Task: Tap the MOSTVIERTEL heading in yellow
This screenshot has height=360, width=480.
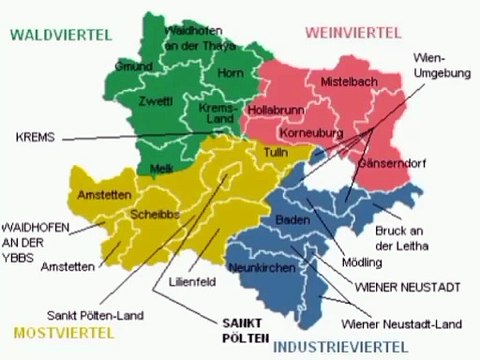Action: coord(60,329)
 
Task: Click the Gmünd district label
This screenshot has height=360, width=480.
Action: coord(132,66)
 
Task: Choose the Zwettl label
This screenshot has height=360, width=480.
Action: coord(158,101)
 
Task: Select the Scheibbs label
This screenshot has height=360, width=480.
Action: coord(154,215)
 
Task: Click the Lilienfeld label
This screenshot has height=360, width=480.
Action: coord(192,281)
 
